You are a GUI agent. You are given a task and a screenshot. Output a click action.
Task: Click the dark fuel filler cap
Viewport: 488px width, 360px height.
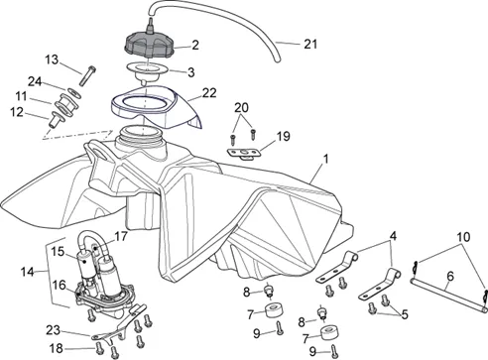(150, 45)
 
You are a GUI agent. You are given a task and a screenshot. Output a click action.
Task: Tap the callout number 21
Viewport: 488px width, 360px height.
(310, 44)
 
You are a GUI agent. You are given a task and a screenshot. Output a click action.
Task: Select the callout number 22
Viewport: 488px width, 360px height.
(209, 93)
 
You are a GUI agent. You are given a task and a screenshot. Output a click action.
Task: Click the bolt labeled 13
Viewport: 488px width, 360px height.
(87, 75)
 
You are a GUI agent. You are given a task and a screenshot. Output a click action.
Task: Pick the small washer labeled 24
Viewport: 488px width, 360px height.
(74, 92)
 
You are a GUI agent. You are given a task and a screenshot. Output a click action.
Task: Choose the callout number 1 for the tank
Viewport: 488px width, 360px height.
(326, 159)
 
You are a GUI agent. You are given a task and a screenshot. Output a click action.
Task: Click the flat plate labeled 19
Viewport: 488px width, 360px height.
(244, 153)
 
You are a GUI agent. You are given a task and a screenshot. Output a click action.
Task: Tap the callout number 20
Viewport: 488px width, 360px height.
(241, 108)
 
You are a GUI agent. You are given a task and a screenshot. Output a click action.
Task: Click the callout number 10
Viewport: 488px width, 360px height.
(463, 237)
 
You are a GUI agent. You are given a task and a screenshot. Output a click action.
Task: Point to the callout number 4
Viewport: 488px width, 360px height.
(393, 236)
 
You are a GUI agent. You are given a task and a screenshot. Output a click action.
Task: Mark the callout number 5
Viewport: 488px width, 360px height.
(405, 314)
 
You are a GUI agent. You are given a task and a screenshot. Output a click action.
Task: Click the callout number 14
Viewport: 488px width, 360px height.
(28, 272)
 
